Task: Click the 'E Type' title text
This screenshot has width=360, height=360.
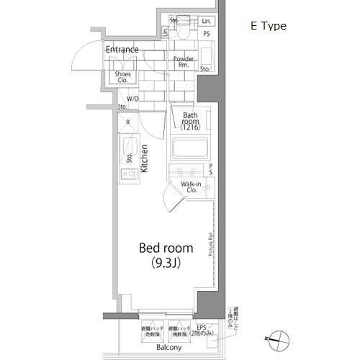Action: click(268, 26)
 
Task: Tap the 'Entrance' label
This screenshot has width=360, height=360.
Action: click(122, 50)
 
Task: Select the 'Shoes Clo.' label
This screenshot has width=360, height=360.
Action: click(122, 76)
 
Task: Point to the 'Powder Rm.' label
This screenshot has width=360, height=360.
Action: click(184, 61)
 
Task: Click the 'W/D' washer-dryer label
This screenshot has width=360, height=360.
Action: click(132, 99)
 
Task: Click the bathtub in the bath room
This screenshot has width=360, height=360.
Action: click(189, 150)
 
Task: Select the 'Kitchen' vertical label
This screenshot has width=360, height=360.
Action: click(145, 158)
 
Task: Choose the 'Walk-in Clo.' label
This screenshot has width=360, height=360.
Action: click(191, 189)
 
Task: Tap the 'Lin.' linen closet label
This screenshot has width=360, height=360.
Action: click(205, 21)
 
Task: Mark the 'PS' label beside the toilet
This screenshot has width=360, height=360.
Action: click(207, 34)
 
